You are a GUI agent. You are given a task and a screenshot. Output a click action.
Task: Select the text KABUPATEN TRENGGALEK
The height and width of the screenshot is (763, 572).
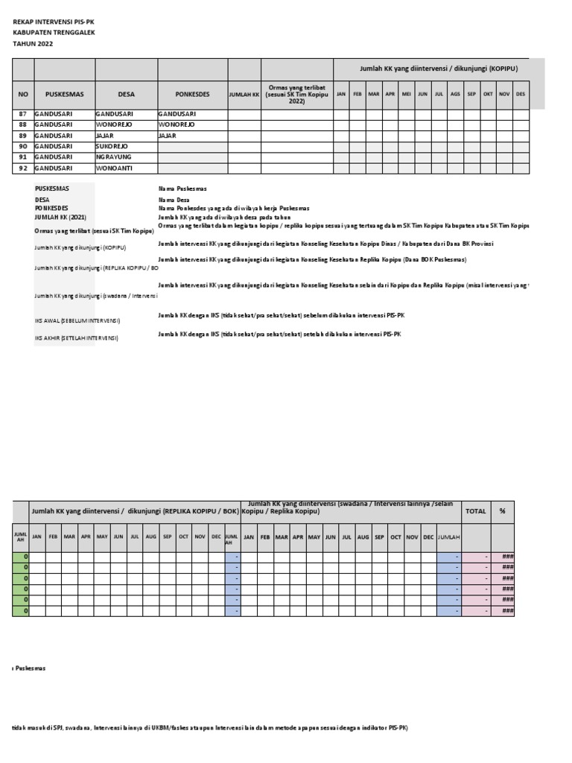coord(54,33)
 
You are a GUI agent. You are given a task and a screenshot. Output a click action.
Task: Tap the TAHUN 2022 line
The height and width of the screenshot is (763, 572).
coord(34,44)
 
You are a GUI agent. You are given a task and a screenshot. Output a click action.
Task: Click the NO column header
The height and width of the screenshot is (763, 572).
coord(22,95)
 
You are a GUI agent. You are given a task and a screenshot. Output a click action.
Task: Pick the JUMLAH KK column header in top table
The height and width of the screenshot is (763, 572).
coord(244,95)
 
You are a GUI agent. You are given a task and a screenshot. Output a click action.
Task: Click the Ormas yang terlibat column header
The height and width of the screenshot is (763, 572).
coord(297,95)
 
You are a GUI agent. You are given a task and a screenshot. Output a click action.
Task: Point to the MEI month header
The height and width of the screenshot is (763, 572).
coord(406,95)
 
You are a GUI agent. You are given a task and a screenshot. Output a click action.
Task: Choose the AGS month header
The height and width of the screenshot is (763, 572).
coord(455,95)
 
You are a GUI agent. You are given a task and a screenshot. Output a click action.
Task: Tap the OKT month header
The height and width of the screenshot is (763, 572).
coord(488,95)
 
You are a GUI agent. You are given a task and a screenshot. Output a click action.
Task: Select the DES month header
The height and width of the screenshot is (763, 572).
coord(521,95)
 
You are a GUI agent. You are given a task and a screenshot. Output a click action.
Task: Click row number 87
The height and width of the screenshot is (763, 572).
coord(22,114)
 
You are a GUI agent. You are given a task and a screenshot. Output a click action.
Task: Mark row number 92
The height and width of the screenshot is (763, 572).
coord(22,169)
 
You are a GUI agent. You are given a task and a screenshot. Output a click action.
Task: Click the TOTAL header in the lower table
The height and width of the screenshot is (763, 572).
coord(475,512)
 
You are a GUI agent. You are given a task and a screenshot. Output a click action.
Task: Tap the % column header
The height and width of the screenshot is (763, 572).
coord(502,512)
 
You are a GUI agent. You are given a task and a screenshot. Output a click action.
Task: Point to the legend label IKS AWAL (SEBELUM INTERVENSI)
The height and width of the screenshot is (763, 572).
coord(77,320)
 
